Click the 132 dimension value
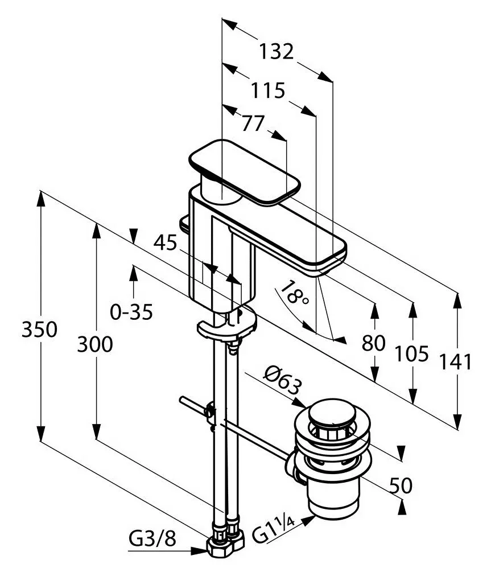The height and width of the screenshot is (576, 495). pyautogui.click(x=277, y=51)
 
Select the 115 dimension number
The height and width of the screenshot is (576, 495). pyautogui.click(x=267, y=90)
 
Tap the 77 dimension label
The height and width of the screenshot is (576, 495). pyautogui.click(x=253, y=123)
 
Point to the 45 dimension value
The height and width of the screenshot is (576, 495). pyautogui.click(x=165, y=242)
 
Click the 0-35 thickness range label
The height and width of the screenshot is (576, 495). pyautogui.click(x=131, y=312)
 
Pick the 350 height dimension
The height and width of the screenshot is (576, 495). pyautogui.click(x=39, y=329)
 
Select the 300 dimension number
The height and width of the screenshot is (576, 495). pyautogui.click(x=95, y=344)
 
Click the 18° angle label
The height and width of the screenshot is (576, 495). pyautogui.click(x=294, y=293)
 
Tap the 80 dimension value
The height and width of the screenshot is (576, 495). pyautogui.click(x=373, y=343)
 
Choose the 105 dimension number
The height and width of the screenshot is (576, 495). pyautogui.click(x=411, y=354)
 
